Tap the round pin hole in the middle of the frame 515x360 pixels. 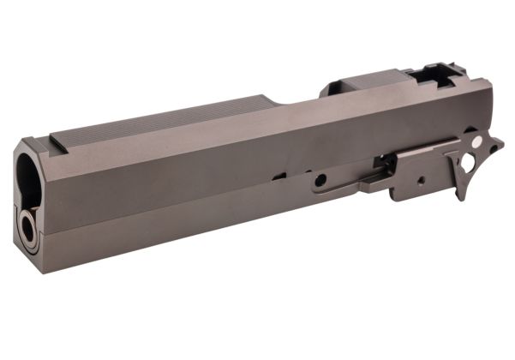tap(320, 181)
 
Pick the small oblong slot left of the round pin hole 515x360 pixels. tap(279, 177)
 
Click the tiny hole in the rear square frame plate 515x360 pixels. tap(420, 181)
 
